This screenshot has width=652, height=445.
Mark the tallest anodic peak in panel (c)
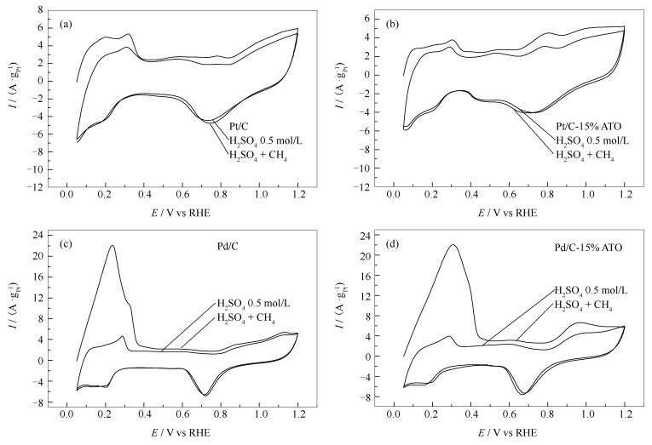112,246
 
